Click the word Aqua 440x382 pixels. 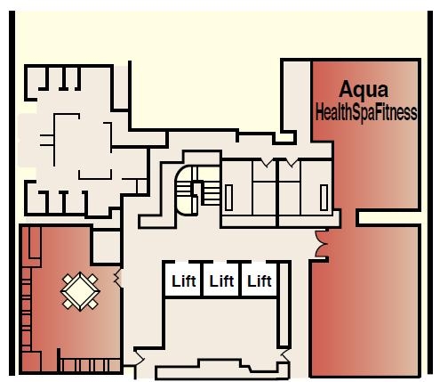tap(364, 90)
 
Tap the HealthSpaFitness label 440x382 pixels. tap(366, 112)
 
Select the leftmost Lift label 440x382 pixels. tap(184, 280)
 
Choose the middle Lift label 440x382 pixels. tap(221, 280)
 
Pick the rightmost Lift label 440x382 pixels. tap(260, 280)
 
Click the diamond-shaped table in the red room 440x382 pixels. tap(80, 291)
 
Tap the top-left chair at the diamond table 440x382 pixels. tap(68, 279)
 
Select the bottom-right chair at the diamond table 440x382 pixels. tap(92, 304)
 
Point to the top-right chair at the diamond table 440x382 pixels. tap(92, 279)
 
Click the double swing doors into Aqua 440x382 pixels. tap(321, 244)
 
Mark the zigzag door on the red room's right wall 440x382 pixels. tap(118, 278)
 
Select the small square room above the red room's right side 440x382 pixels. tap(107, 247)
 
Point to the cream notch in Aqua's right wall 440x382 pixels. tap(389, 217)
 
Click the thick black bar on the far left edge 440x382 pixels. tap(12, 193)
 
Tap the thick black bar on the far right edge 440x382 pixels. tap(430, 192)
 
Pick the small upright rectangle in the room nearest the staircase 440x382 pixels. tap(228, 198)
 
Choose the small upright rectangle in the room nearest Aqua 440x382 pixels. tap(324, 198)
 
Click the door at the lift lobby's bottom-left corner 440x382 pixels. tap(139, 359)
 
